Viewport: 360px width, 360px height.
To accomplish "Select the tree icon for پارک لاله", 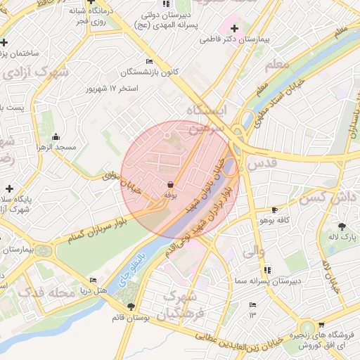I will [342, 226].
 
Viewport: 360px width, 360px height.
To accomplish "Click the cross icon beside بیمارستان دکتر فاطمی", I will [234, 29].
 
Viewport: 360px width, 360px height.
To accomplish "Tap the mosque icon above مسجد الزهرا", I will [56, 136].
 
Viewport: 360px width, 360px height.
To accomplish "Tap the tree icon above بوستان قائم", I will [131, 306].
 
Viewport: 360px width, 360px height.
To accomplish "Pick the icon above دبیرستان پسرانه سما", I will [267, 269].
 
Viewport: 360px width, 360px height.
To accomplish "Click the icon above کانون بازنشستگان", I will [148, 61].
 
